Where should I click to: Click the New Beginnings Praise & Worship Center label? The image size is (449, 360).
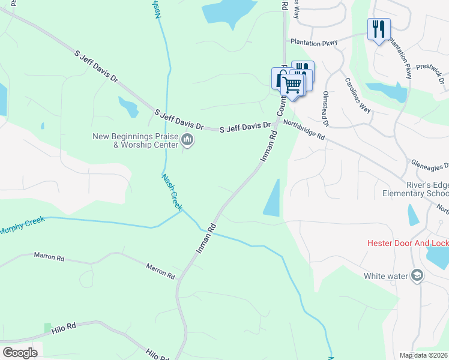click(136, 140)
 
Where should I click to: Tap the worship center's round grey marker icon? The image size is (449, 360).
click(187, 141)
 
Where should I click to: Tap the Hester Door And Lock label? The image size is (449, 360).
click(408, 243)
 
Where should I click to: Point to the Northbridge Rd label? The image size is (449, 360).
click(304, 130)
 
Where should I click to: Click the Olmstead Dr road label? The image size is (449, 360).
click(327, 108)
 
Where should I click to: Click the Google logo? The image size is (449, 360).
click(20, 353)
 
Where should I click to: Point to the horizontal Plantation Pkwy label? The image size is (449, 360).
click(314, 43)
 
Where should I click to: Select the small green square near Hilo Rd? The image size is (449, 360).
click(48, 328)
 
